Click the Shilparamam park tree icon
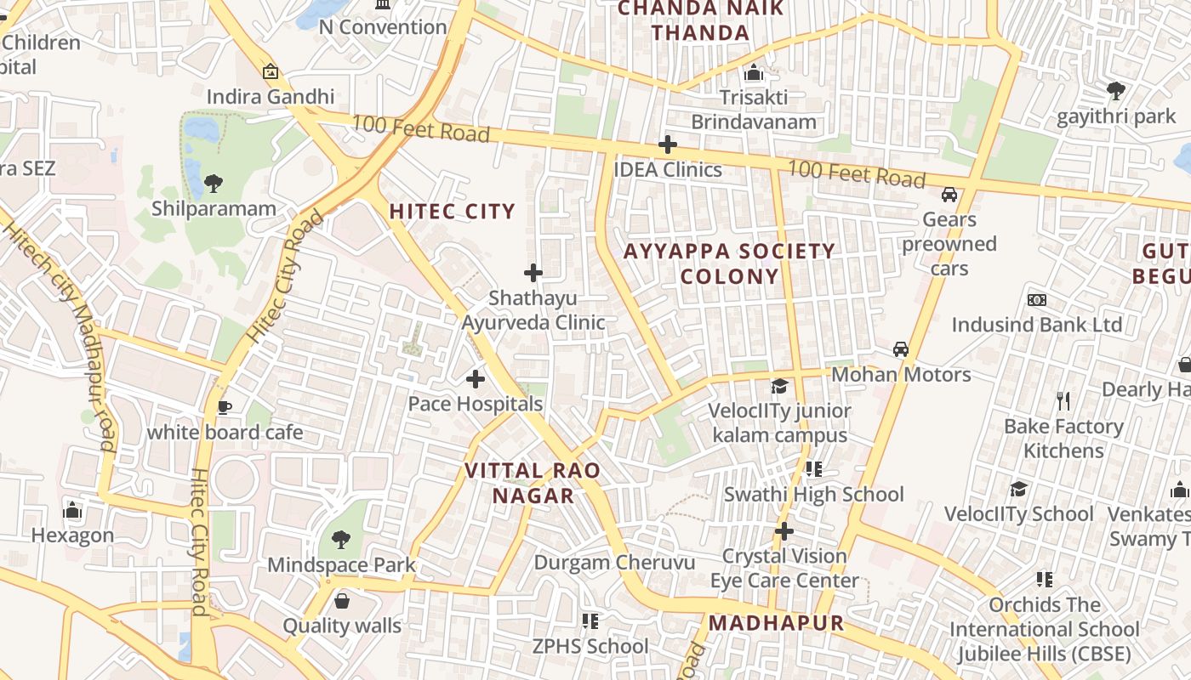point(214,183)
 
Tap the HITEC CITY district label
point(452,212)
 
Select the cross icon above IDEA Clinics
point(668,144)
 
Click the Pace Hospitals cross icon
point(476,378)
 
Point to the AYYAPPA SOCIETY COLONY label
point(729,263)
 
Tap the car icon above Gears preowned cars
point(949,195)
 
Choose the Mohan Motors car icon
point(901,349)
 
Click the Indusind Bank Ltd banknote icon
point(1036,300)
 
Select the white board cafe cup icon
point(225,408)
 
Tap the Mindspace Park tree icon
point(341,539)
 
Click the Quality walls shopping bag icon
point(342,601)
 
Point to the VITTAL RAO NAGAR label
point(533,483)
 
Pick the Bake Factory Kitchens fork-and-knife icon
point(1063,401)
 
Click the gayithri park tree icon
point(1115,90)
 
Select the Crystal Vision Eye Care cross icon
point(784,531)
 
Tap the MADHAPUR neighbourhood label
point(776,623)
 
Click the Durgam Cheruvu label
point(614,563)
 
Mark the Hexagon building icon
point(72,510)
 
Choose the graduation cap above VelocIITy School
point(1018,489)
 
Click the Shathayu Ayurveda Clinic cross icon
point(533,273)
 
